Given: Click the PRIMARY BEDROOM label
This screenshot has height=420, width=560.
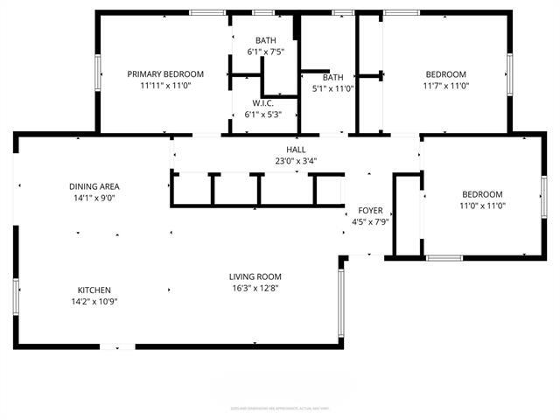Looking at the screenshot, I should pos(165,74).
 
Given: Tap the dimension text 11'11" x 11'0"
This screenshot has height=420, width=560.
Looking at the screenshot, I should pos(165,87).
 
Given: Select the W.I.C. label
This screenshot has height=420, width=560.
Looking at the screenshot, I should pos(263,102).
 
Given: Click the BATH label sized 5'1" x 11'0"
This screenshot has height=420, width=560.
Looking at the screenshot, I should pos(332,77).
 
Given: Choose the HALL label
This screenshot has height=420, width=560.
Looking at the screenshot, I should pos(296,150).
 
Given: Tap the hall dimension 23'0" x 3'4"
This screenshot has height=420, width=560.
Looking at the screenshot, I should pos(296,161).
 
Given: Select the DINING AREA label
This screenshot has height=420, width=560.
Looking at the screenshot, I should pos(94,186).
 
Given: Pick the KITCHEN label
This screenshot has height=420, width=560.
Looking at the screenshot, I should pos(94,290).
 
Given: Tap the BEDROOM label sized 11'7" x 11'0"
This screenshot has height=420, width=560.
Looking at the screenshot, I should pos(445,74).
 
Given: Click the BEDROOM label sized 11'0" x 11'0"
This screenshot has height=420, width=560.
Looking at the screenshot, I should pos(482,194).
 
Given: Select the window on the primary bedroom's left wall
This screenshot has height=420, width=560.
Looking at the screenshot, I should pos(98,69).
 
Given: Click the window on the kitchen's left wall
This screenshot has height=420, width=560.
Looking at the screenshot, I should pos(16,296).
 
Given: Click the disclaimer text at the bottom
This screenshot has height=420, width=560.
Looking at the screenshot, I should pos(280,407).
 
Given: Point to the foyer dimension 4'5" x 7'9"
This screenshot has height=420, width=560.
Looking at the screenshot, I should pos(370,223).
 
